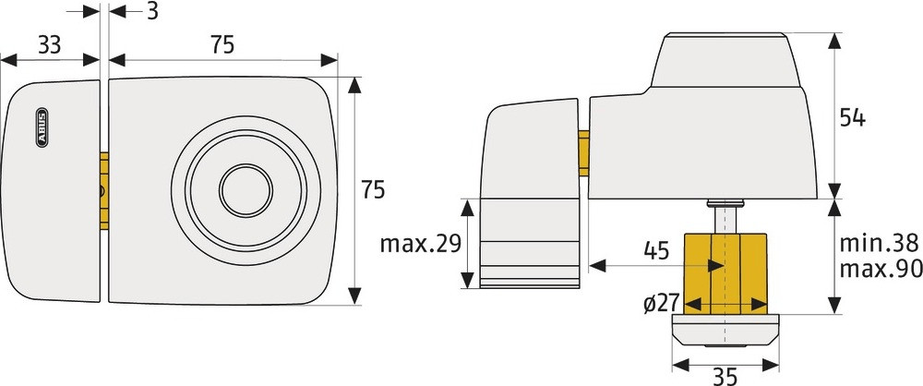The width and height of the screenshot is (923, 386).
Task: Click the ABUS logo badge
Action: point(42,127)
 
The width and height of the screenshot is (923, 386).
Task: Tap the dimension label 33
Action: point(50,45)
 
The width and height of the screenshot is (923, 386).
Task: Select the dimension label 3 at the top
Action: point(152,10)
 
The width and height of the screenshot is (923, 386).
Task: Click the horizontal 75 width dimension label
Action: point(222,45)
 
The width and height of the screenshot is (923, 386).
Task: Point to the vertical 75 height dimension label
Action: point(373,190)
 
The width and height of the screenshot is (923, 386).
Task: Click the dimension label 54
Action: point(852,118)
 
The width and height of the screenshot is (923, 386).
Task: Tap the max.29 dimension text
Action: point(420,244)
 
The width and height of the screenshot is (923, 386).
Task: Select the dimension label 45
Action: point(656,251)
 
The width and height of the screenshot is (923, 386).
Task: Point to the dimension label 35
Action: point(725,376)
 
